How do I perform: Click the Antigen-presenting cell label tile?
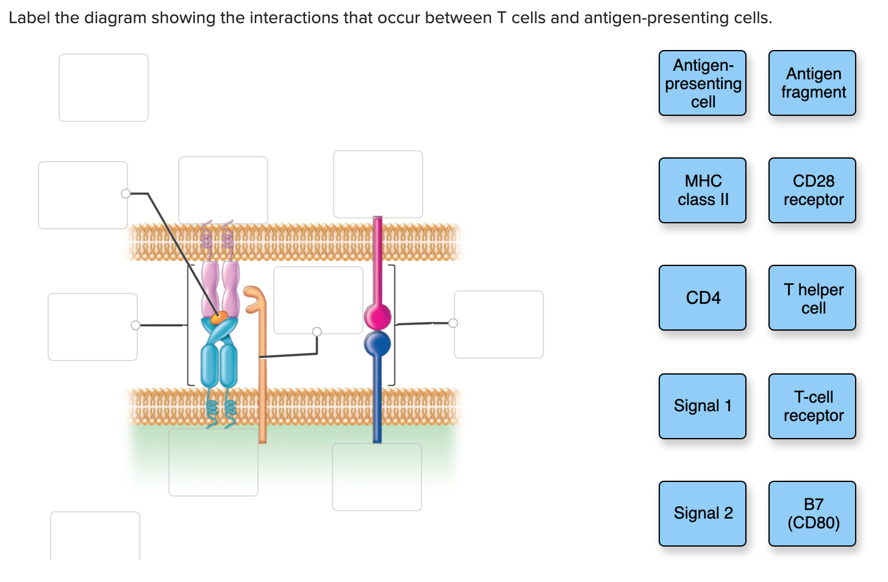point(702,83)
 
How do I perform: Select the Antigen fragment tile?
point(812,83)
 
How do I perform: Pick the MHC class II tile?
point(702,190)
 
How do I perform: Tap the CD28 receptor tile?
point(812,190)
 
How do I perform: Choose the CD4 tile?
point(702,298)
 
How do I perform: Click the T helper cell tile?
point(812,298)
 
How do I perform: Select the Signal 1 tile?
point(702,406)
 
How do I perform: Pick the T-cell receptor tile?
point(812,406)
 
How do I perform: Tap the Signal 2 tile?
point(702,513)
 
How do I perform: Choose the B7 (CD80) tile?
point(812,513)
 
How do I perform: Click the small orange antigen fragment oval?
point(218,317)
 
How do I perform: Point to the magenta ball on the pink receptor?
point(377,317)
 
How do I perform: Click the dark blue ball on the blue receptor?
point(377,344)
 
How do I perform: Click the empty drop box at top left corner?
point(104,88)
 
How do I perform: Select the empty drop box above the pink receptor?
point(378,184)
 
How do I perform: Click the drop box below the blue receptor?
point(377,477)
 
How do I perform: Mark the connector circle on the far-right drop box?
point(453,323)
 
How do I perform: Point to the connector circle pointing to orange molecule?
point(317,332)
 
